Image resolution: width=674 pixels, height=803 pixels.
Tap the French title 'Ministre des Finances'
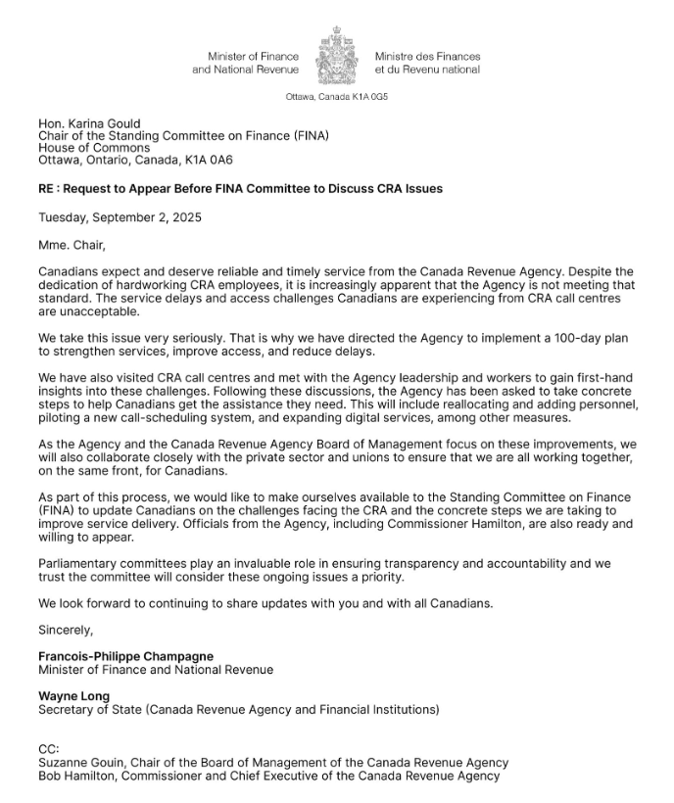coord(428,57)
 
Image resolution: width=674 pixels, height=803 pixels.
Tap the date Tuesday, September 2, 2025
coord(120,217)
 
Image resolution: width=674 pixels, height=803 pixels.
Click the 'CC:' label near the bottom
coord(49,749)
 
